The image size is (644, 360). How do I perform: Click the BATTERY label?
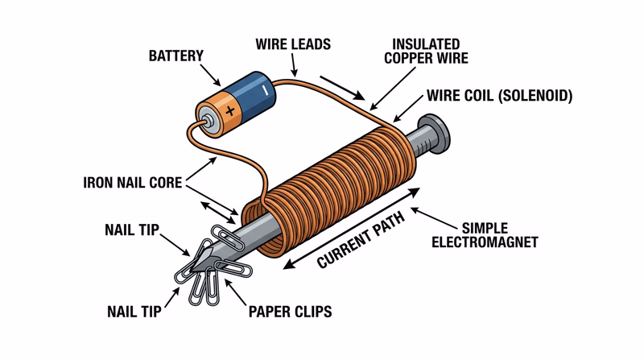click(x=175, y=56)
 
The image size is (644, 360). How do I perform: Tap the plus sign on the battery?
click(x=230, y=110)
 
